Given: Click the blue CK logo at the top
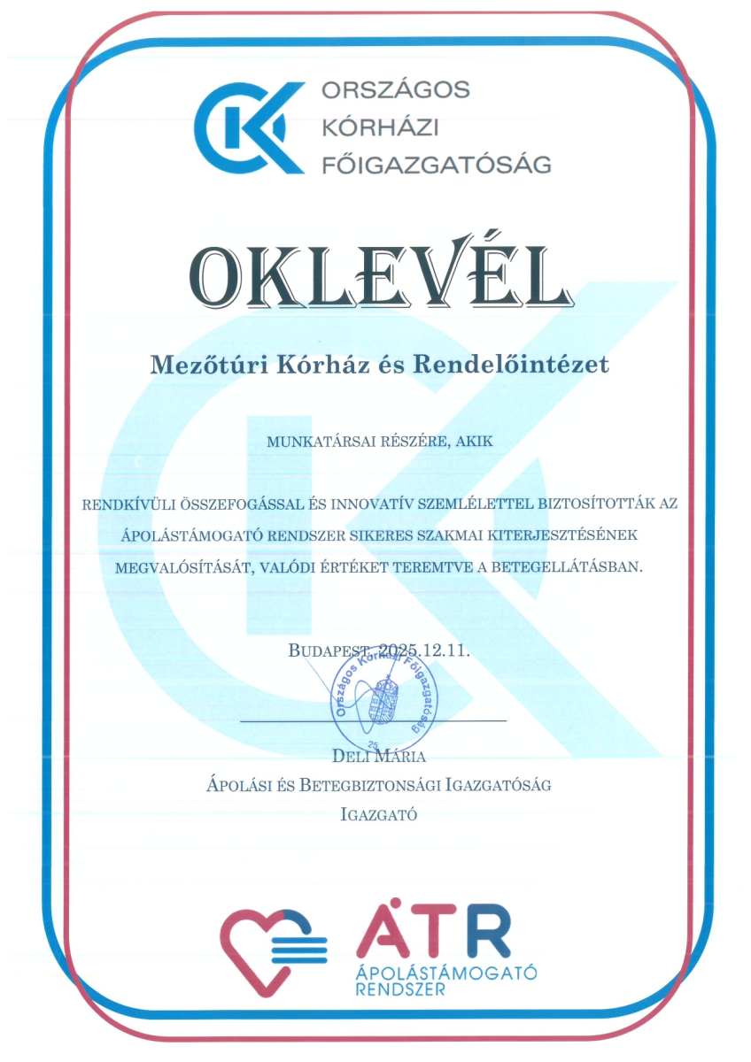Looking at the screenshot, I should [x=244, y=127].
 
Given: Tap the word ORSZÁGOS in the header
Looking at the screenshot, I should [x=395, y=90].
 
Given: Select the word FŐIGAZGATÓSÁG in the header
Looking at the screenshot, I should [x=437, y=164].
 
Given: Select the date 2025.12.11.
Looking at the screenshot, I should [x=425, y=650].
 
